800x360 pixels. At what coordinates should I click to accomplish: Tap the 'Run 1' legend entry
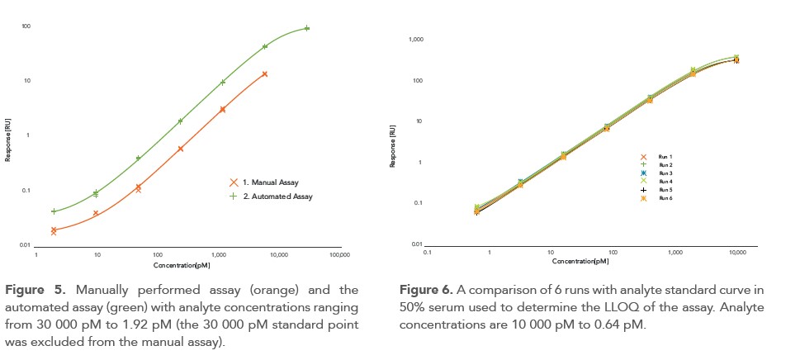coord(665,156)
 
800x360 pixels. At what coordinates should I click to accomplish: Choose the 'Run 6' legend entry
coord(665,198)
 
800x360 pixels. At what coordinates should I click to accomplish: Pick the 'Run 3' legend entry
coord(665,173)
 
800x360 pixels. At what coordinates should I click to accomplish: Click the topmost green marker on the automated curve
coord(307,28)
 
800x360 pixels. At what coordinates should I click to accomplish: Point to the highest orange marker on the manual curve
coord(264,74)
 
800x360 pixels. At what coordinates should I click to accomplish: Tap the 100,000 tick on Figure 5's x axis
coord(339,256)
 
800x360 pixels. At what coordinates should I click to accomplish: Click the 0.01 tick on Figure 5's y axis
coord(25,245)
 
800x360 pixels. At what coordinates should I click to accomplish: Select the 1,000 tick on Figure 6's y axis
coord(416,40)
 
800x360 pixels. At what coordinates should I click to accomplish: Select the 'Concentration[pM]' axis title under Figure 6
coord(581,261)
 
